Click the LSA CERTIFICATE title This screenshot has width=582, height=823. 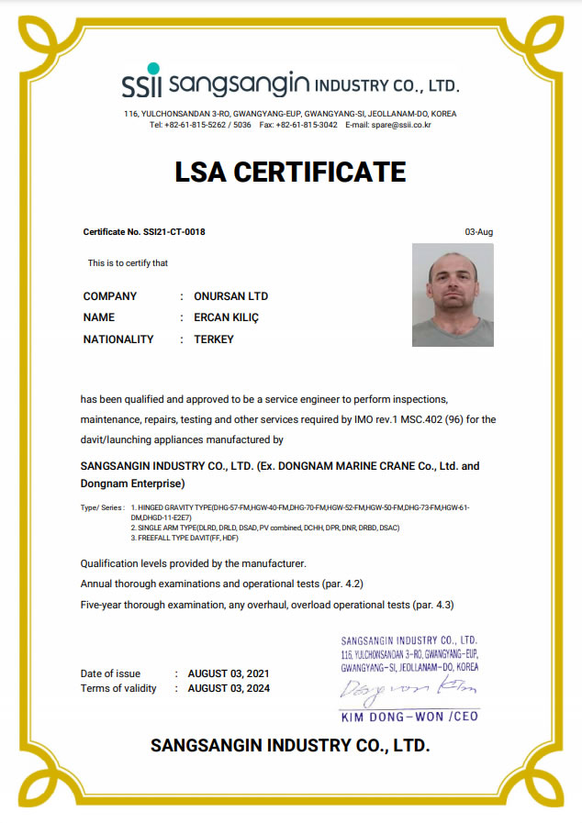[x=290, y=172]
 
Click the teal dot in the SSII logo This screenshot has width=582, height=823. [x=153, y=69]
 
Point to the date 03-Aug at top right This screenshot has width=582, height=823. [x=479, y=232]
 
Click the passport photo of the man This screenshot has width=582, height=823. [x=453, y=295]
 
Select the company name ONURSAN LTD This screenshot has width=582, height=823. [x=231, y=296]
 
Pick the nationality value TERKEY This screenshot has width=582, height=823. [x=214, y=339]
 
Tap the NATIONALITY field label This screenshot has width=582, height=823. [x=118, y=339]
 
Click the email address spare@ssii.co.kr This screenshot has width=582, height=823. [x=401, y=125]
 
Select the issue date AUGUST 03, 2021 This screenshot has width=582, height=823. [x=229, y=673]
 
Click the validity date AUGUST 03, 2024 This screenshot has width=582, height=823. [x=229, y=688]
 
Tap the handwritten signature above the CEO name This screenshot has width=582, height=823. [x=404, y=688]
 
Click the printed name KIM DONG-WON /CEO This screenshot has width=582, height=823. [x=409, y=716]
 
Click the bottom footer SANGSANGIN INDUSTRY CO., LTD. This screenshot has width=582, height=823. [x=290, y=745]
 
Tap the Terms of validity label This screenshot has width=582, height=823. [x=118, y=688]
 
